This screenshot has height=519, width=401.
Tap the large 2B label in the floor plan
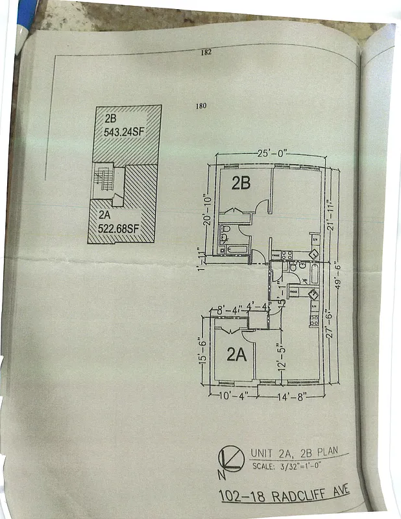[241, 184]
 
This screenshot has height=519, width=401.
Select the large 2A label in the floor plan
[236, 354]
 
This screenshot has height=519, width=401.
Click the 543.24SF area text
[126, 131]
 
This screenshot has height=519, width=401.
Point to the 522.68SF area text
[119, 228]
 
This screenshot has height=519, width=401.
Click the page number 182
[206, 53]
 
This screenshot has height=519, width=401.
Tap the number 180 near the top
[200, 106]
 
